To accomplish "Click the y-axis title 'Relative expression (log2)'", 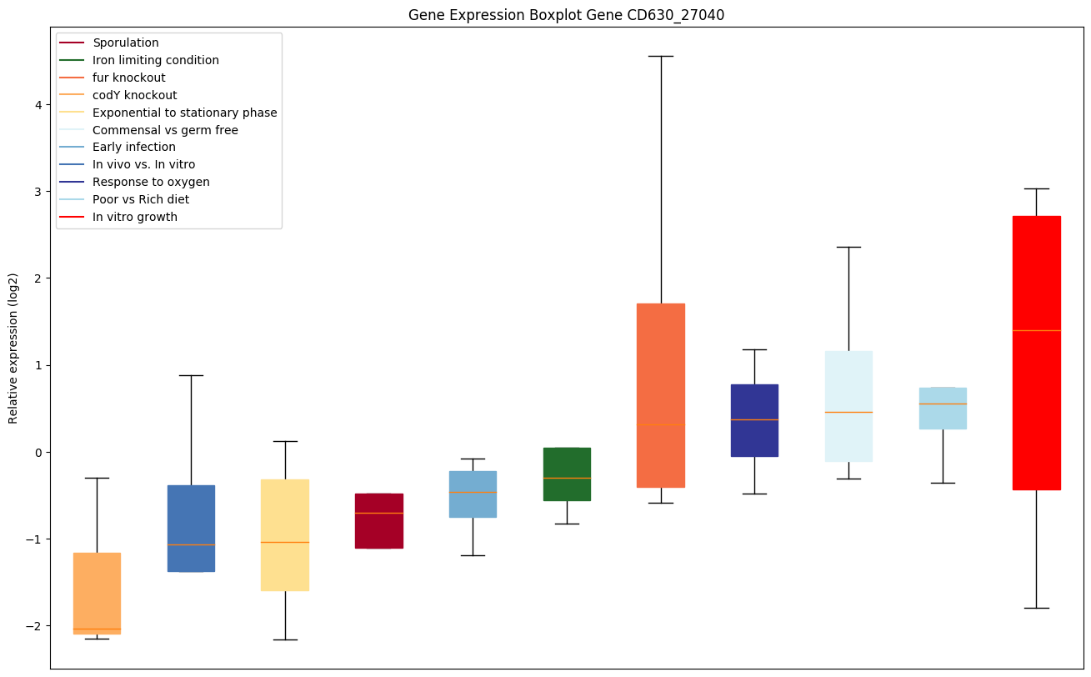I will click(x=13, y=348).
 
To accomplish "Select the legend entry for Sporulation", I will click(x=126, y=43).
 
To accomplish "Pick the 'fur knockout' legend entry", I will click(x=129, y=78).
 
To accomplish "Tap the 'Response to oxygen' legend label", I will click(x=151, y=182).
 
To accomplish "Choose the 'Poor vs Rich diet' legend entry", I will click(x=141, y=199).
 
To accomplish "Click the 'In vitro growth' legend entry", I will click(x=135, y=217).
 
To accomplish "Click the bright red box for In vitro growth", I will click(x=1036, y=275).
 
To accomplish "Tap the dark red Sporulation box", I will click(x=379, y=520).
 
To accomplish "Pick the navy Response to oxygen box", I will click(x=754, y=420).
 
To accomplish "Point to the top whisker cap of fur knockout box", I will click(x=661, y=56).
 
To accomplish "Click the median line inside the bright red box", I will click(x=1036, y=330).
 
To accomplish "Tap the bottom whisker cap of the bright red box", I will click(x=1036, y=608).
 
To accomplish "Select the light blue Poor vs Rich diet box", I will click(x=943, y=409).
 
